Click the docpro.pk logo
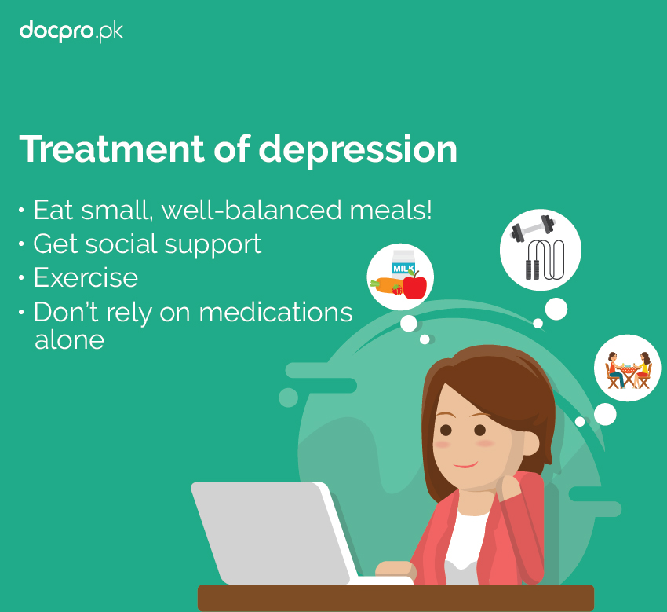tap(71, 31)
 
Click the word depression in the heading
tap(358, 150)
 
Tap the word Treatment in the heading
tap(112, 148)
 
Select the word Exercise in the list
tap(86, 277)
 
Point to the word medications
tap(275, 312)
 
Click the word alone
tap(69, 339)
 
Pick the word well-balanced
tap(252, 210)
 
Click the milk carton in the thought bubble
tap(403, 266)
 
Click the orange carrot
tap(385, 285)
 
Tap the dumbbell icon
tap(533, 228)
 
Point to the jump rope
tap(545, 260)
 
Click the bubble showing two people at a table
tap(628, 368)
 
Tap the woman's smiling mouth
tap(465, 464)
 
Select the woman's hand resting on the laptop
tap(395, 570)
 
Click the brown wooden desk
tap(395, 598)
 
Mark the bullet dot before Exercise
tap(22, 277)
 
